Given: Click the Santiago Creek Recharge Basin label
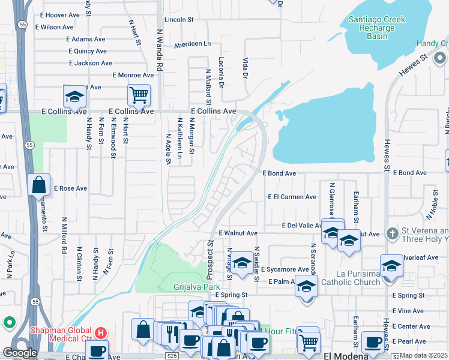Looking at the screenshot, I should coord(377,28).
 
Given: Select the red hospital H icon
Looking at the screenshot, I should coord(100,331).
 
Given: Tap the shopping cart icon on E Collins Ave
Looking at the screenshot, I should coord(139,94).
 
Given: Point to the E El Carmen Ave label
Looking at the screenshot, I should coord(292,197).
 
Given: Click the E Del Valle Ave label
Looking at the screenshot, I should coord(304,226).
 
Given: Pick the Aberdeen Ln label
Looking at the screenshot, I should coord(192,44).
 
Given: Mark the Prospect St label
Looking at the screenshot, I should coord(210,260).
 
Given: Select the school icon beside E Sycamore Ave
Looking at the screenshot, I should coord(242,263).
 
